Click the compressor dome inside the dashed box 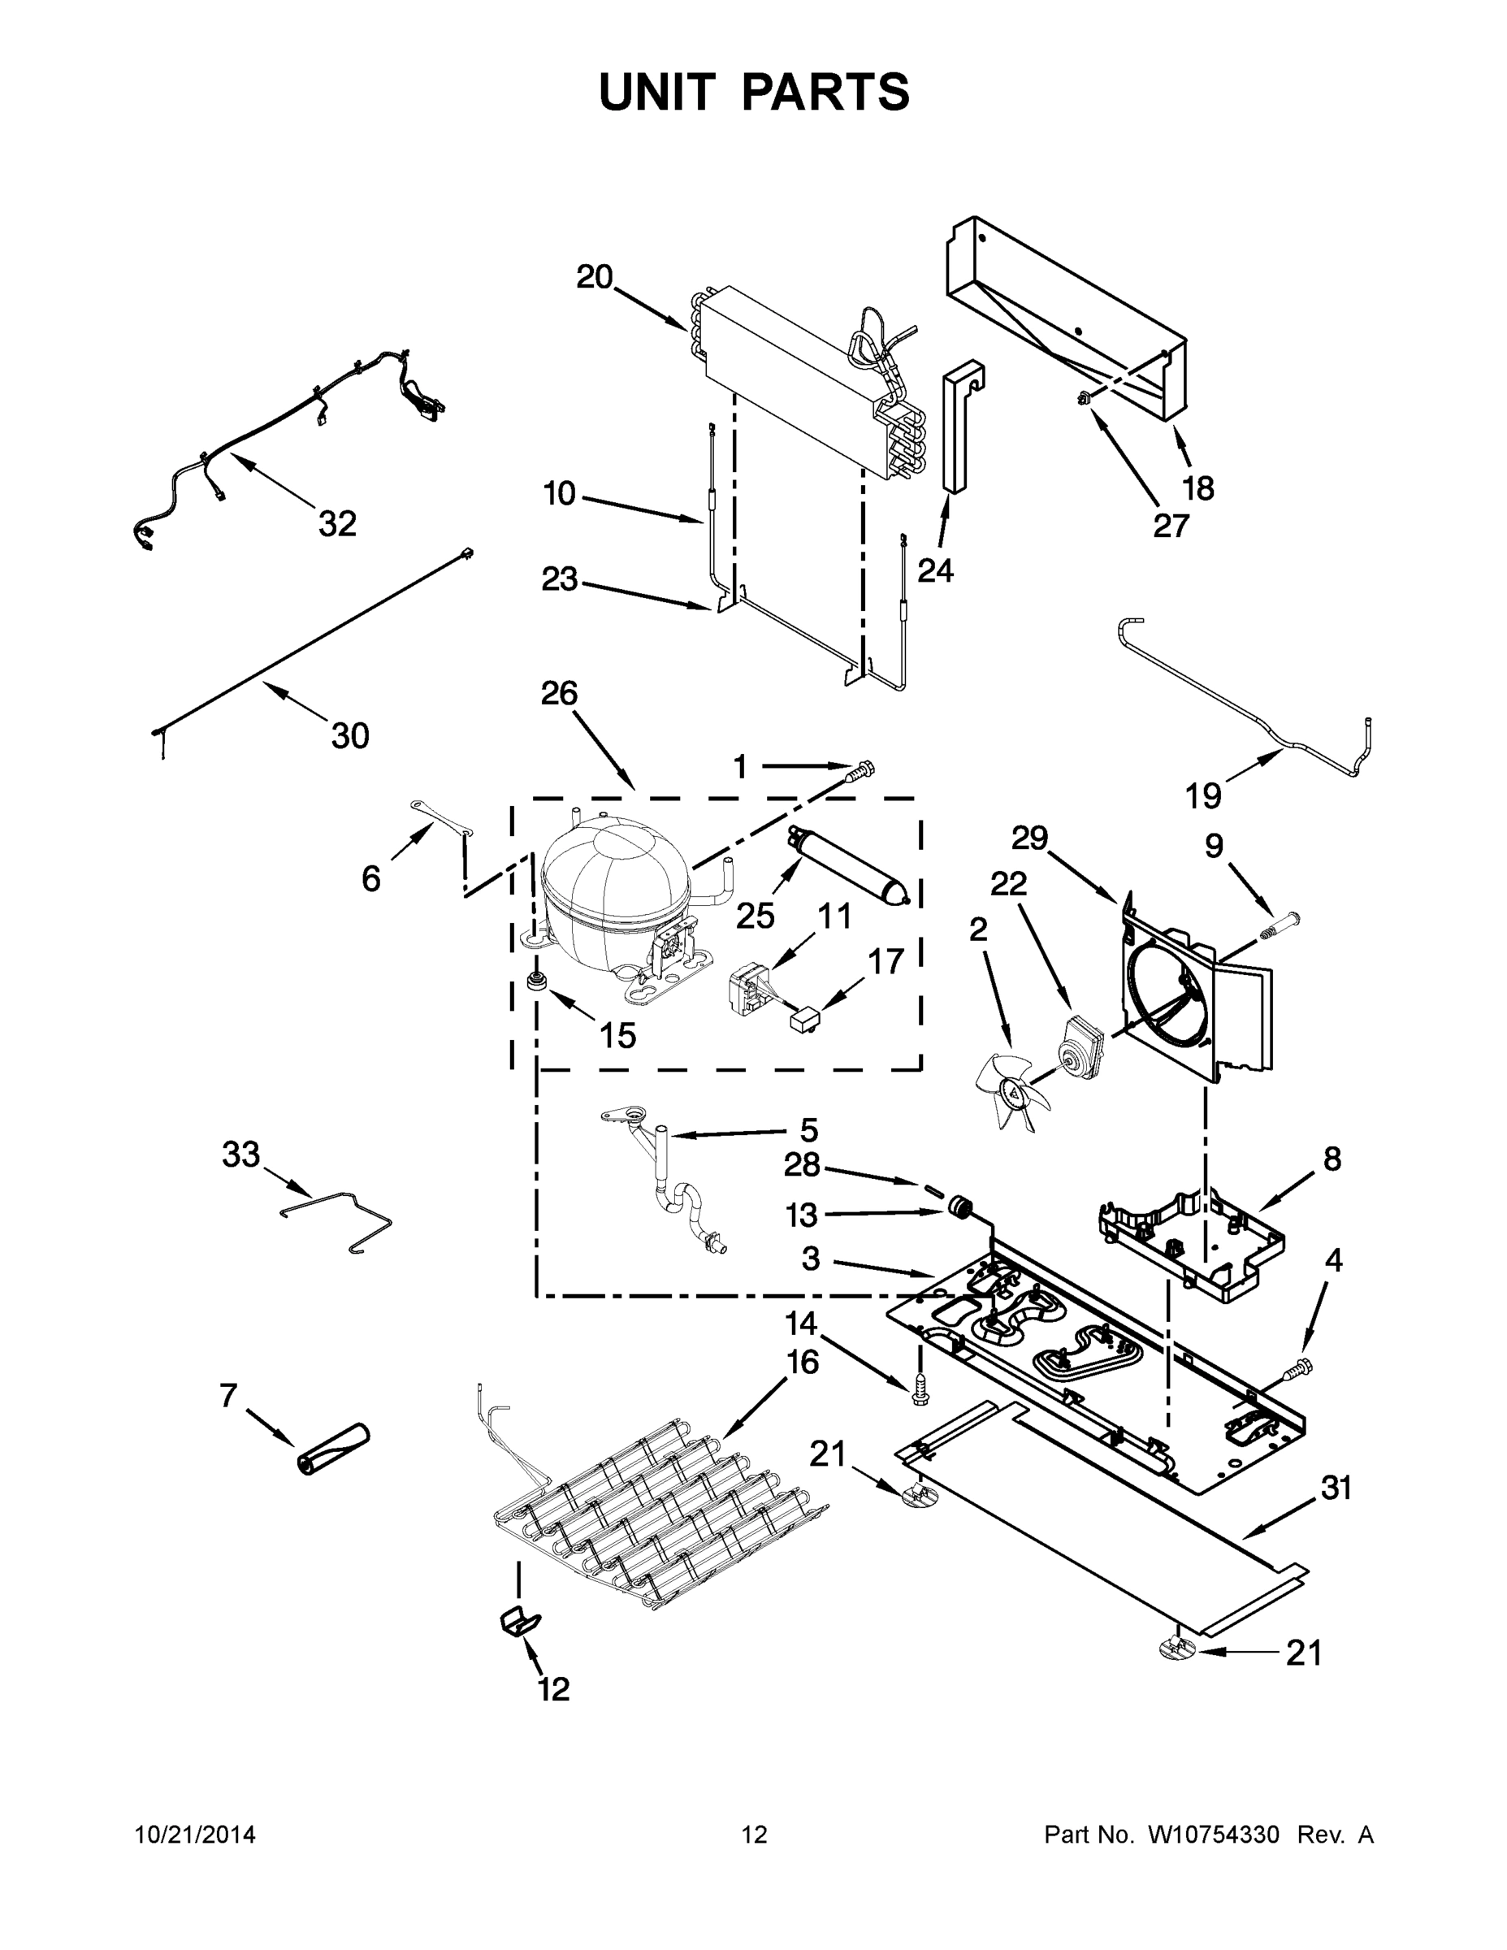pos(614,879)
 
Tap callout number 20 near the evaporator pos(594,277)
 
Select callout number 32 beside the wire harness pos(337,524)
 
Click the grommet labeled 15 pos(539,981)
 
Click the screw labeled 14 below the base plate pos(920,1390)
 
